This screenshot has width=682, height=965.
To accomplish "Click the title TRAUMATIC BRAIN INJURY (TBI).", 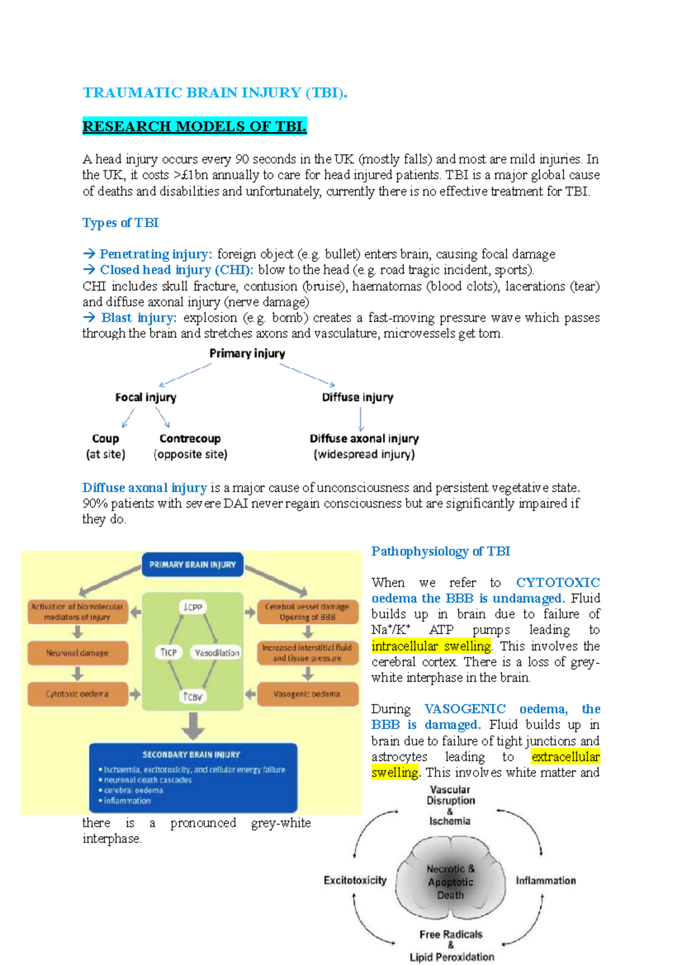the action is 215,93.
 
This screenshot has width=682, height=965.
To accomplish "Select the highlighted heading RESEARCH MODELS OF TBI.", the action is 194,126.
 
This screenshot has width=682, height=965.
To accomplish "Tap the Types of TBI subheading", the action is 120,223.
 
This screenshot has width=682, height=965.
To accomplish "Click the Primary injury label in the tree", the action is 247,353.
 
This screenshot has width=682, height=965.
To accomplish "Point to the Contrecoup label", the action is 190,439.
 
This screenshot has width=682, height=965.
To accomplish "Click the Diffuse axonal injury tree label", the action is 364,439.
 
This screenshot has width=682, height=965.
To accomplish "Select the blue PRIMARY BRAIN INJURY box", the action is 192,565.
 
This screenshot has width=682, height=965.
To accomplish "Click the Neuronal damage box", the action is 77,653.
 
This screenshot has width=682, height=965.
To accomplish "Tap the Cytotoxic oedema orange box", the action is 77,694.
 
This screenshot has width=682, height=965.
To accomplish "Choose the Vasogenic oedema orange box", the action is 307,694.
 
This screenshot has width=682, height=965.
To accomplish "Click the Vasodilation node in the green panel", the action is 217,653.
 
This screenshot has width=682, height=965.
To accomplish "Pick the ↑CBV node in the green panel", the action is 193,696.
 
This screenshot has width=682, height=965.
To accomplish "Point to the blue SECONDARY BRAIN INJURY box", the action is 193,777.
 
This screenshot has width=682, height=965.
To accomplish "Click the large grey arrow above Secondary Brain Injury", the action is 193,726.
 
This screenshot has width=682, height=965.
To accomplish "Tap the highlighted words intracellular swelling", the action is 431,646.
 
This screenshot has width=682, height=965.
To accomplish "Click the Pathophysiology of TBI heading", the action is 440,551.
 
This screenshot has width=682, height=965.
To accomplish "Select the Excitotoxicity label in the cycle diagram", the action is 355,880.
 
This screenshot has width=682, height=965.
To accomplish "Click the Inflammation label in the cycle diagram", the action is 546,880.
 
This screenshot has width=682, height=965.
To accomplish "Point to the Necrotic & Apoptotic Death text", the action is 450,882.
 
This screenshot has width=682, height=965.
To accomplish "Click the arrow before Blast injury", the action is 89,318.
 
